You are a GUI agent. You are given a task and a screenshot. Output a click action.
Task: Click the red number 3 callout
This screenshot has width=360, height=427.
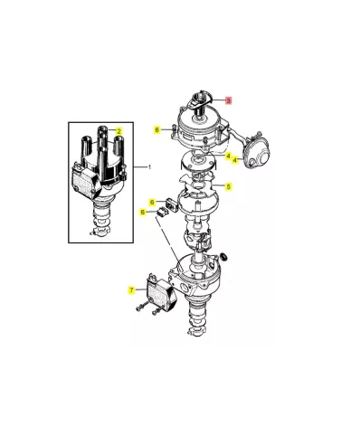[229, 100]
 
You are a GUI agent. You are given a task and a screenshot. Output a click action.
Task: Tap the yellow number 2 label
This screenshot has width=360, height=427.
[119, 131]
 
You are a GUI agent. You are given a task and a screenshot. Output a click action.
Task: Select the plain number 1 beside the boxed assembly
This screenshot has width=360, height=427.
[149, 166]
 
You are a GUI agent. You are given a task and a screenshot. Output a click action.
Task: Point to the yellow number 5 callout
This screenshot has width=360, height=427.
[229, 186]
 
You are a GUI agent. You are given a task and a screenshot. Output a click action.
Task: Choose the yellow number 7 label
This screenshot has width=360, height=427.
[131, 290]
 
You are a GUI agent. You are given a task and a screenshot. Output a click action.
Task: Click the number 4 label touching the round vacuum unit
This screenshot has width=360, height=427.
[235, 160]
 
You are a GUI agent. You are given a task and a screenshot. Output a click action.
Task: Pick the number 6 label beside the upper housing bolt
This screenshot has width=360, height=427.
[156, 130]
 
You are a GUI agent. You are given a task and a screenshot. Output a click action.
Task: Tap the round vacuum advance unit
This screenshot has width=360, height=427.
[257, 153]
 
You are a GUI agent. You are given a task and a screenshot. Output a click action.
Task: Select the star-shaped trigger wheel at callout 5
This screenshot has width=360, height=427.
[196, 184]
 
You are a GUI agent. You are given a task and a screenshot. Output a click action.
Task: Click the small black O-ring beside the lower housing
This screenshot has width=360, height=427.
[224, 257]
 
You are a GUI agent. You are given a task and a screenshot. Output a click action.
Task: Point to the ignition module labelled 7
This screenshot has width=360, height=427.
[161, 293]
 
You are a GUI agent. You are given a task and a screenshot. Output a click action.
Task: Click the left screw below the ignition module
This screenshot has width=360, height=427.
[141, 308]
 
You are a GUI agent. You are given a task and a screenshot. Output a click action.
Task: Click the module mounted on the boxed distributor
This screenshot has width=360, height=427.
[85, 184]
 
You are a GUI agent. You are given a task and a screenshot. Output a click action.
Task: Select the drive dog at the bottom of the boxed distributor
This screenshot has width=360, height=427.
[100, 233]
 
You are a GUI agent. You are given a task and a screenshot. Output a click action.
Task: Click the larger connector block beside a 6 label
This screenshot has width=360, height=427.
[172, 205]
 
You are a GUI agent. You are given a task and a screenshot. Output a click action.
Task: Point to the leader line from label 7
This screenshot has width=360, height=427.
[140, 289]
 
